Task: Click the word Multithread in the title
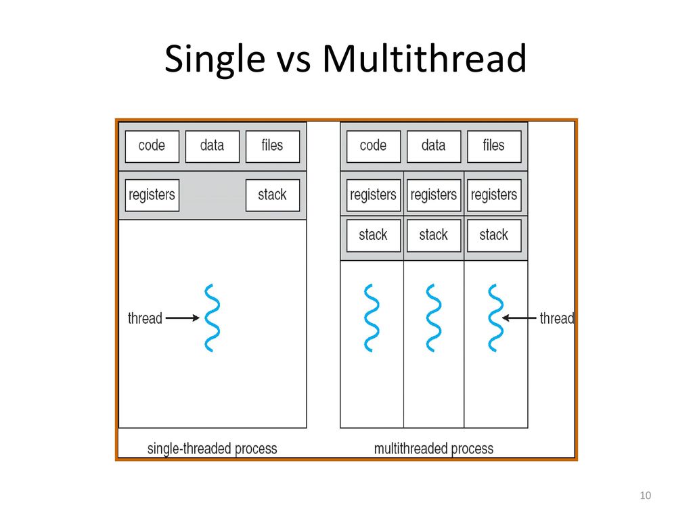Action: (424, 58)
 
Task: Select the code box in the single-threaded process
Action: (152, 147)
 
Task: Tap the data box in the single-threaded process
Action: (212, 147)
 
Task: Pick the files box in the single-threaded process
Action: (272, 147)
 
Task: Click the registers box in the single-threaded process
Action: (152, 195)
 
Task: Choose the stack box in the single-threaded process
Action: (272, 195)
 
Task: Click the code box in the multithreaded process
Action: (374, 147)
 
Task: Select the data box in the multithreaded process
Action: (434, 147)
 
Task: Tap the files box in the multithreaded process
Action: (493, 147)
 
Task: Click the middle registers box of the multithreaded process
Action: (434, 195)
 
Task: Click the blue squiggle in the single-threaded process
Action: (213, 318)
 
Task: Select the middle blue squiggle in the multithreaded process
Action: (434, 318)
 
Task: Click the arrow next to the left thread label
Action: (183, 318)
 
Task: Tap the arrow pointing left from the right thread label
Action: (519, 318)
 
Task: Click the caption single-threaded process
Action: (212, 449)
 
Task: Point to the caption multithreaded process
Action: (434, 449)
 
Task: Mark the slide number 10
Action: (645, 495)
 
